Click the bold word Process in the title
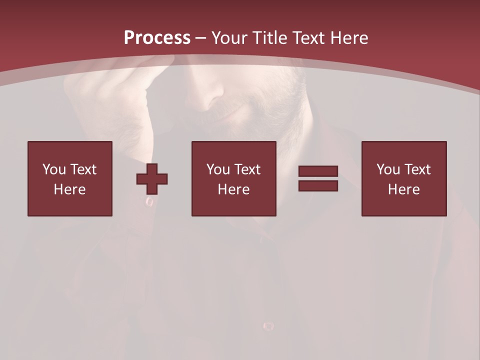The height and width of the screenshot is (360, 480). [x=157, y=38]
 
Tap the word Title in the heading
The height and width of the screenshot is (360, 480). [x=269, y=38]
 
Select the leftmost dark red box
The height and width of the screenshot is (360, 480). [x=69, y=178]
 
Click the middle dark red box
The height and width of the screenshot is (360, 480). [x=233, y=178]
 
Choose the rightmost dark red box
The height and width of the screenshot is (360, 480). [x=403, y=178]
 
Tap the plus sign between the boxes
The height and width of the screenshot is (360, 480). [x=152, y=179]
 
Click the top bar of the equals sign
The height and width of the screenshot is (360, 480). [x=318, y=171]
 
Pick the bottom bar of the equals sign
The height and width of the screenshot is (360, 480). [x=318, y=185]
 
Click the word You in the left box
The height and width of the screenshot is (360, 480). [x=54, y=169]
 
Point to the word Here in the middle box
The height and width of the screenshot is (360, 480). [x=233, y=189]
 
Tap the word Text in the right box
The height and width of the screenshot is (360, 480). [x=417, y=169]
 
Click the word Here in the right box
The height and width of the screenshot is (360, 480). [x=403, y=189]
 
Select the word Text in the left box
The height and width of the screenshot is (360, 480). [x=83, y=169]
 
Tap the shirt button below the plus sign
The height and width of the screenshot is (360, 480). [x=149, y=201]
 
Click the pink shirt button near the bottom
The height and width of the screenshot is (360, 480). [x=268, y=326]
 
